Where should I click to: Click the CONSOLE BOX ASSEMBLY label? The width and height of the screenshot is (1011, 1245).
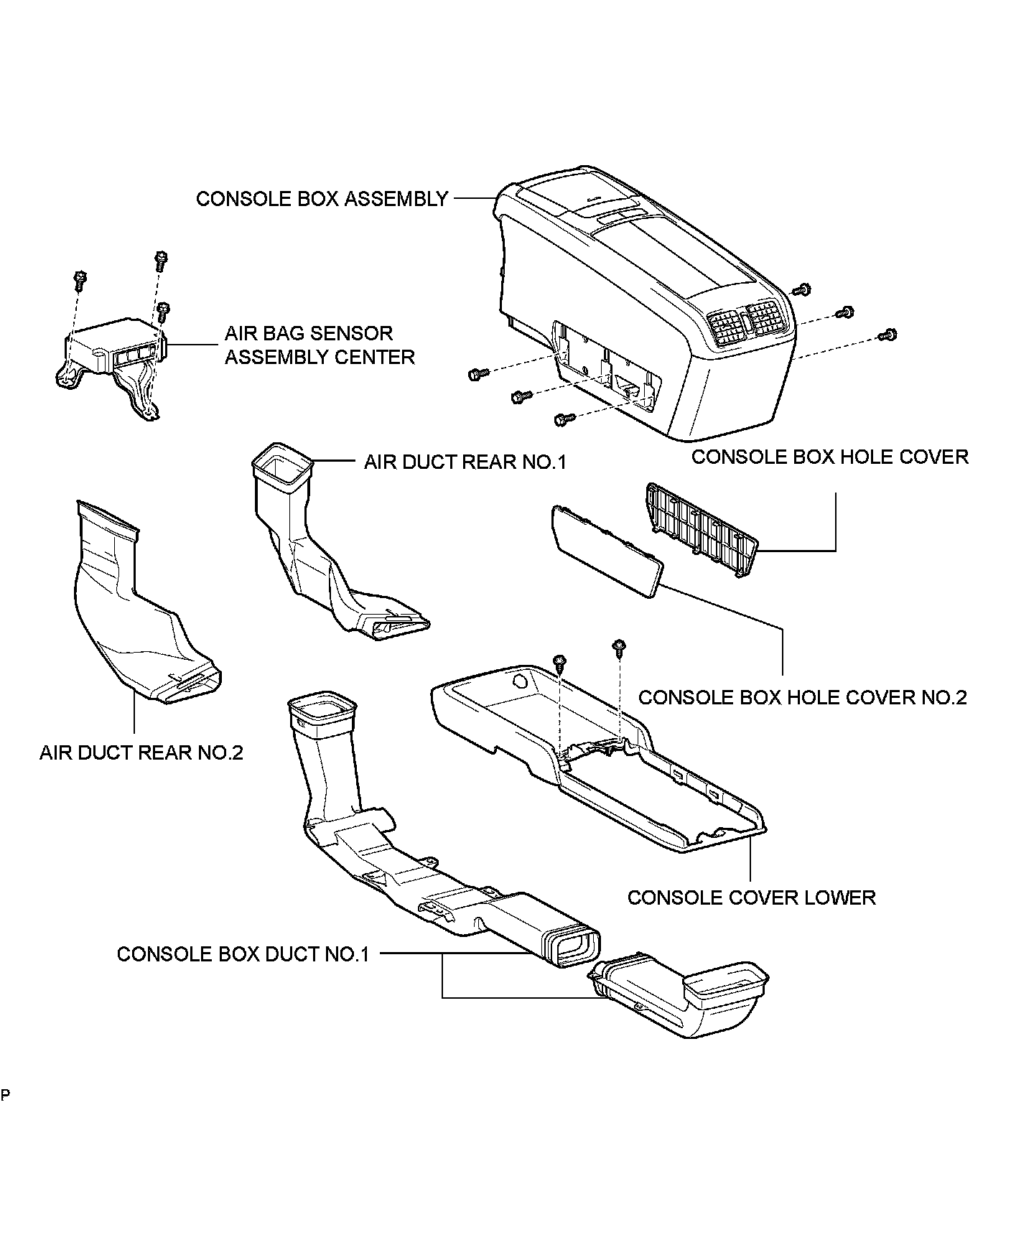pyautogui.click(x=322, y=199)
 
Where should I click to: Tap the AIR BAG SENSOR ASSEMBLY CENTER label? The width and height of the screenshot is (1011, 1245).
pyautogui.click(x=320, y=345)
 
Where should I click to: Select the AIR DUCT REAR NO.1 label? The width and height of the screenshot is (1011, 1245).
pyautogui.click(x=465, y=462)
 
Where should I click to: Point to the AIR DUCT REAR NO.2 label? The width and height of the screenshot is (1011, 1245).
pyautogui.click(x=141, y=752)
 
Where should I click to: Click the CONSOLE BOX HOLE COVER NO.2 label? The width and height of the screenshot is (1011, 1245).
pyautogui.click(x=802, y=697)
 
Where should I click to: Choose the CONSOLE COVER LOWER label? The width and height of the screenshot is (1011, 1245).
pyautogui.click(x=751, y=897)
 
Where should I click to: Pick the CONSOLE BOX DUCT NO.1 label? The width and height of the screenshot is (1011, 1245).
pyautogui.click(x=243, y=954)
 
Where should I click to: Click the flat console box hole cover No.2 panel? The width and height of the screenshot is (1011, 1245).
pyautogui.click(x=607, y=549)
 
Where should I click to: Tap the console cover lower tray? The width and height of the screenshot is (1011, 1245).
pyautogui.click(x=596, y=761)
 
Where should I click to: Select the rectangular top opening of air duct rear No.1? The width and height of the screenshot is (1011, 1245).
pyautogui.click(x=282, y=466)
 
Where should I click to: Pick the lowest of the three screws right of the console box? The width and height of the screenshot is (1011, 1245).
pyautogui.click(x=888, y=334)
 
